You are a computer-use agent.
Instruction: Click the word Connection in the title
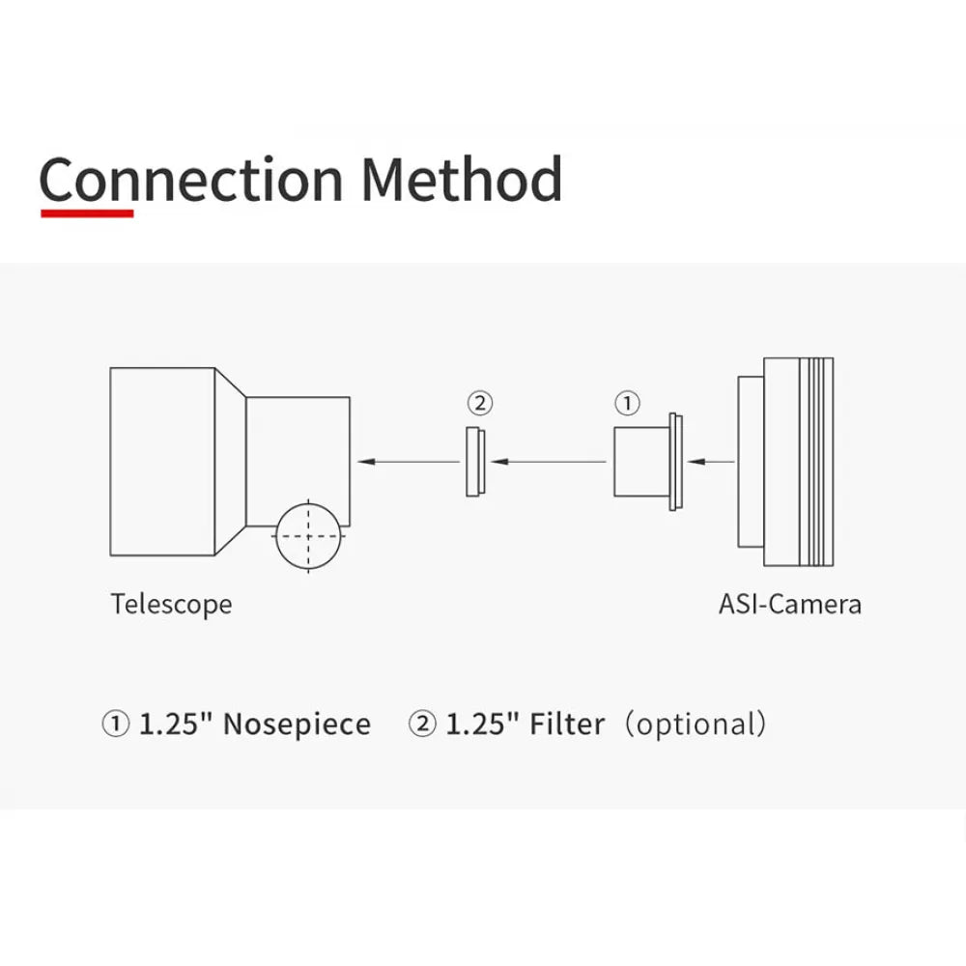point(191,180)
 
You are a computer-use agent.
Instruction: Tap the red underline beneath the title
point(87,213)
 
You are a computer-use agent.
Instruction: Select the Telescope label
point(171,604)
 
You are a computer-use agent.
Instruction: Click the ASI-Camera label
point(790,604)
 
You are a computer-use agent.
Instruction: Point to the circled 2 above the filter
point(480,403)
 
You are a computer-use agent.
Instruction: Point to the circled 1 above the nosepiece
point(627,403)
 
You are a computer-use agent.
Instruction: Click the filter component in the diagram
point(475,462)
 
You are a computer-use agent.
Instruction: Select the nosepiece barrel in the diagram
point(641,462)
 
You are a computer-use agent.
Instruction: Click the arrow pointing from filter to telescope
point(409,462)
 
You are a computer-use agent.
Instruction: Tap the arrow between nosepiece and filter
point(549,462)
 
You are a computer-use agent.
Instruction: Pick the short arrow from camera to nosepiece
point(711,462)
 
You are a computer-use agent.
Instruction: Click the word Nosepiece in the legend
point(297,724)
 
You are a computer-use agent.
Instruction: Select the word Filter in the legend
point(567,724)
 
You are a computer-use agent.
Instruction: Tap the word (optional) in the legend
point(696,724)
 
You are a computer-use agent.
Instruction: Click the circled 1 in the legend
point(115,724)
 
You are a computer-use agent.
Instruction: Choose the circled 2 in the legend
point(422,724)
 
